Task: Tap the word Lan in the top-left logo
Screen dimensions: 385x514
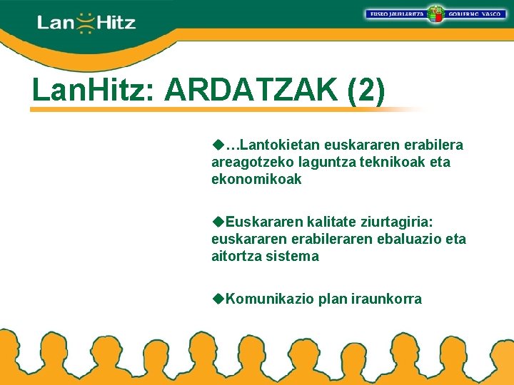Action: (55, 24)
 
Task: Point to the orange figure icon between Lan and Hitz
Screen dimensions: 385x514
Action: (86, 23)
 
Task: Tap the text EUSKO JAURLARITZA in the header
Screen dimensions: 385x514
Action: (396, 14)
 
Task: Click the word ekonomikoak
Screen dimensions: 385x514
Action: (256, 180)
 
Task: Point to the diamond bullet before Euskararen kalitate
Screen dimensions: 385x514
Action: (218, 222)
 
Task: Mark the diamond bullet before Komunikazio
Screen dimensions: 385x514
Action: (218, 299)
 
